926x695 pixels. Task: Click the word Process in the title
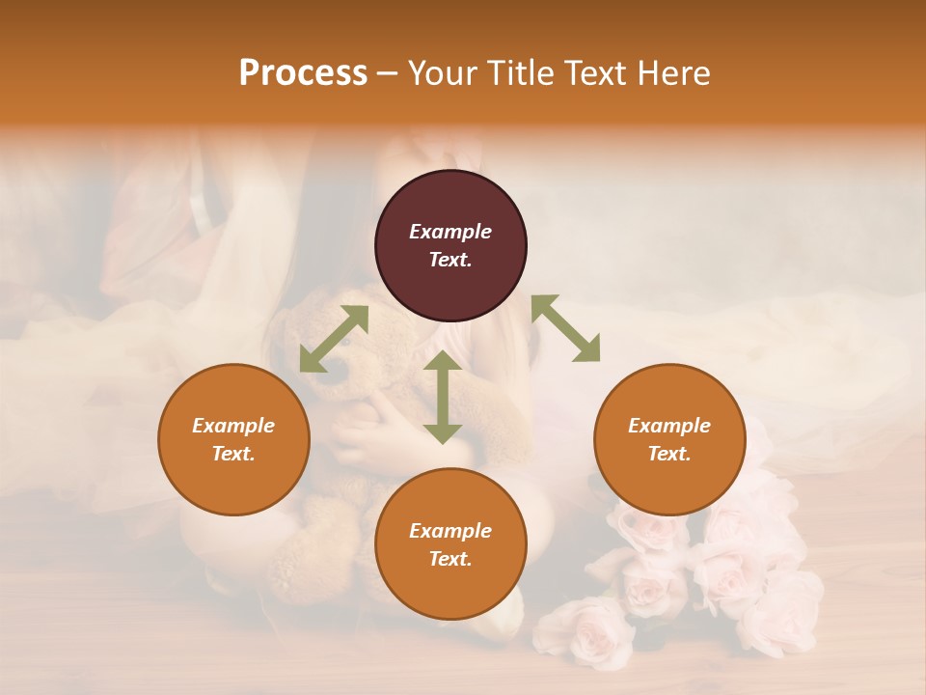point(303,73)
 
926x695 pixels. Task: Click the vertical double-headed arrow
point(443,397)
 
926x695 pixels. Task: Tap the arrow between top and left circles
point(334,339)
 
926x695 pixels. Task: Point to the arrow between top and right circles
point(565,328)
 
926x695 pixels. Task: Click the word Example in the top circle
point(450,232)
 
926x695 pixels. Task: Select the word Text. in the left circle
point(233,454)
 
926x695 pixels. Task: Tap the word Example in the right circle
point(669,426)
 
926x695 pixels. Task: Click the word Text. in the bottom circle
point(450,559)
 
